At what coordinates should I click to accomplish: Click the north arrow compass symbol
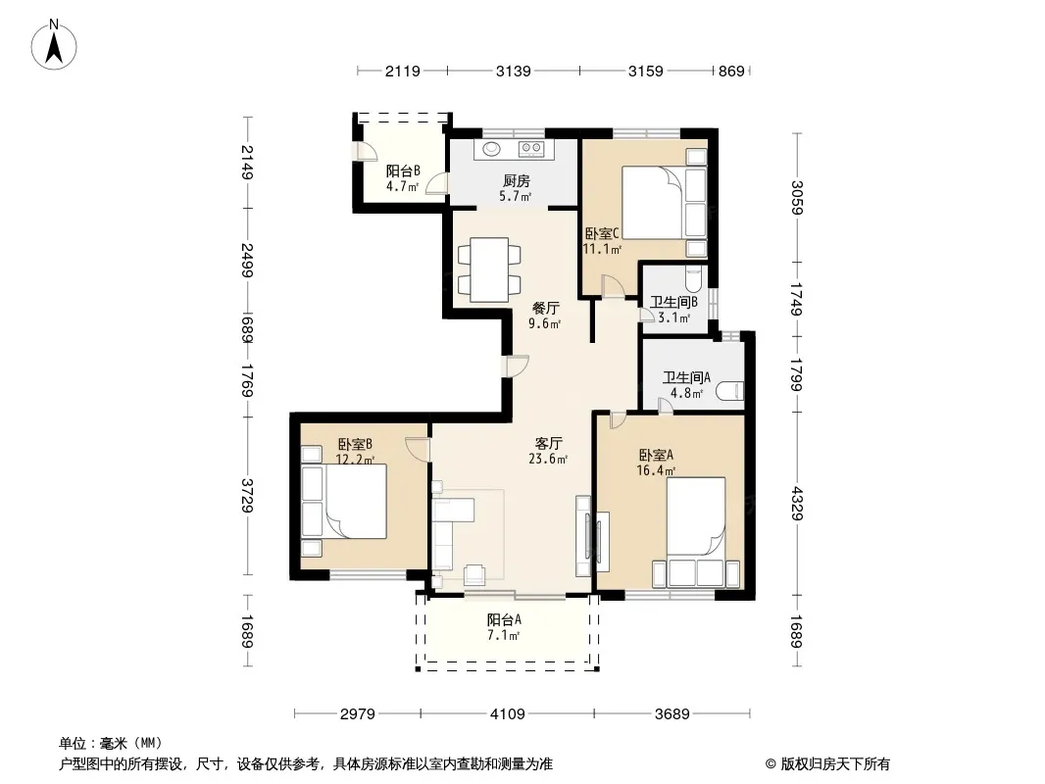tap(54, 45)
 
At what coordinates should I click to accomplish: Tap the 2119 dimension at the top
tap(403, 72)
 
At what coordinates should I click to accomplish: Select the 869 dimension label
tap(731, 72)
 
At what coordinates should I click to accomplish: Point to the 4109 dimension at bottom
tap(507, 714)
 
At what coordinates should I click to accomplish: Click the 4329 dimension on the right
tap(797, 504)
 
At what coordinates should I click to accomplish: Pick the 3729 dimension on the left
tap(247, 496)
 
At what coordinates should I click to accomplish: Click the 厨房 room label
tap(516, 180)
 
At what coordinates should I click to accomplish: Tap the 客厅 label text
tap(549, 443)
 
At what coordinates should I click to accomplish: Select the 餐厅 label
tap(545, 309)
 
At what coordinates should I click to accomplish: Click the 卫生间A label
tap(686, 377)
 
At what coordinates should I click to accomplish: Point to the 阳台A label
tap(504, 619)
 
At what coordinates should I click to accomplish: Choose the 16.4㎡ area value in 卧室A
tap(656, 471)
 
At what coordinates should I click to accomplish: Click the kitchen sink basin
tap(491, 149)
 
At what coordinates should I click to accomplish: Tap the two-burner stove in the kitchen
tap(531, 149)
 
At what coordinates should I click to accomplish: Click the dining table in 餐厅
tap(489, 269)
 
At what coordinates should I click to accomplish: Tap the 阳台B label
tap(403, 171)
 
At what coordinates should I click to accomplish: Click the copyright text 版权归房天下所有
tap(835, 764)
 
